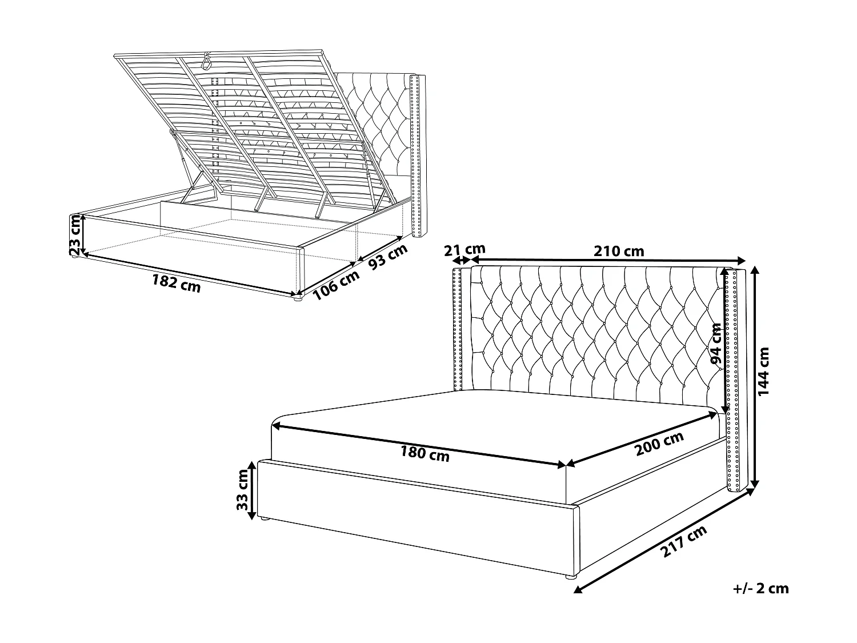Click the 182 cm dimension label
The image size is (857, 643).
coord(176,283)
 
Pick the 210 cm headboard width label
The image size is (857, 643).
coord(619,251)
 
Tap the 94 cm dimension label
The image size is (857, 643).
coord(715,344)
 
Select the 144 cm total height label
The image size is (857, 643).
coord(764,372)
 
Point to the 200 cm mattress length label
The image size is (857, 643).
coord(659,444)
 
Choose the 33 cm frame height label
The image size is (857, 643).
coord(242,490)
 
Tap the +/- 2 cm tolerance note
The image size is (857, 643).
coord(760,588)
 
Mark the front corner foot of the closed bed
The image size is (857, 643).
coord(572,578)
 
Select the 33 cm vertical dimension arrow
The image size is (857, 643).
coord(252,490)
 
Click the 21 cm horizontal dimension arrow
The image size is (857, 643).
coord(460,260)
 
